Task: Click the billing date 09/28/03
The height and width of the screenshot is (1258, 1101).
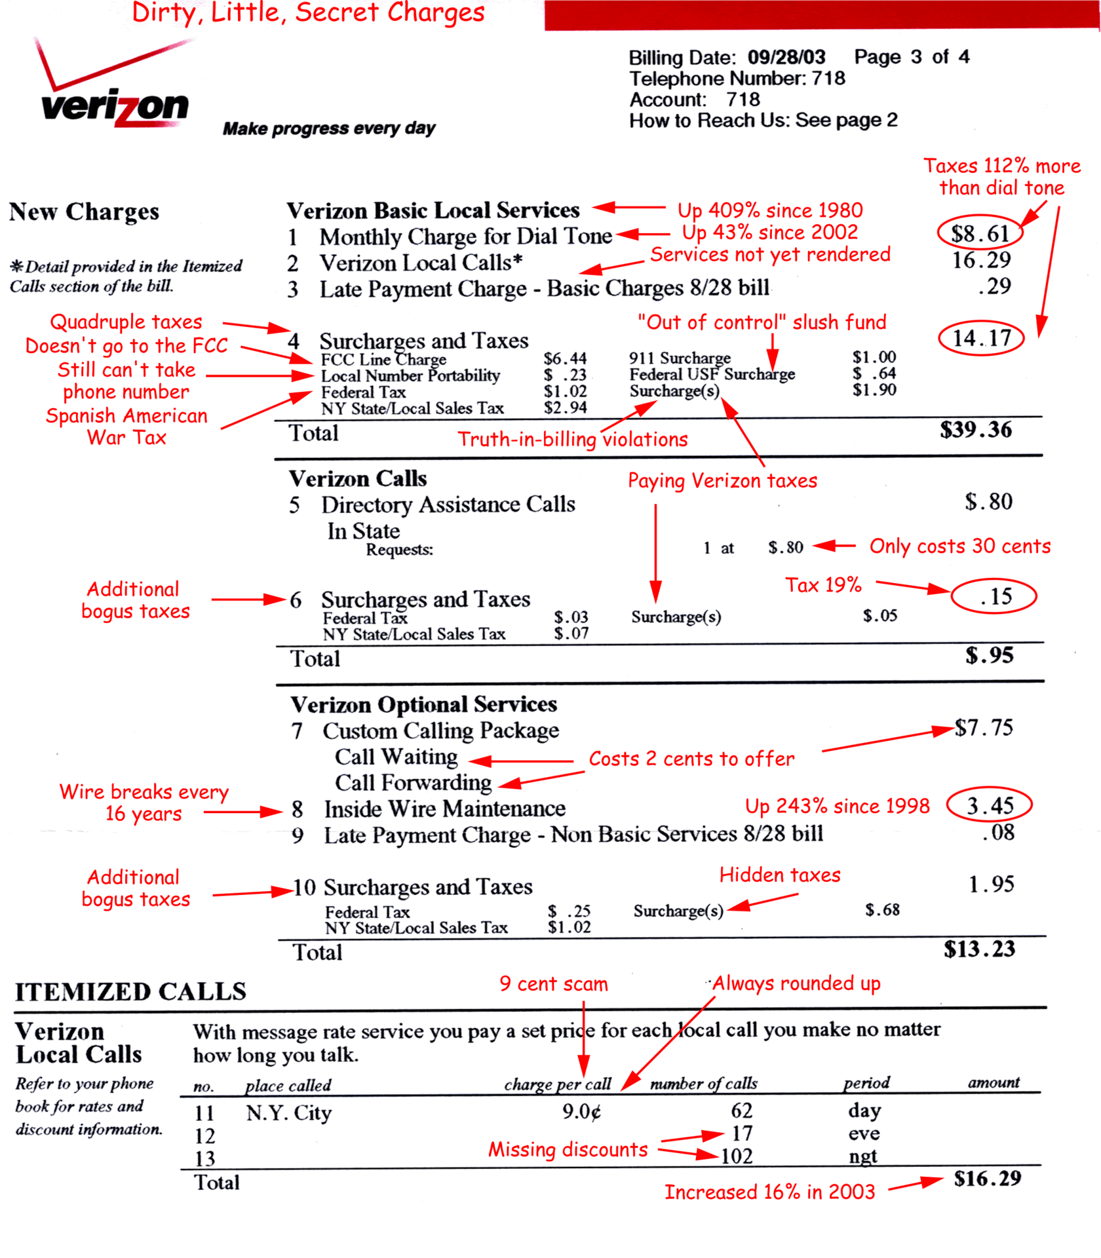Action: tap(786, 57)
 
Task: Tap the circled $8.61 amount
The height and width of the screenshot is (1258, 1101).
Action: tap(979, 234)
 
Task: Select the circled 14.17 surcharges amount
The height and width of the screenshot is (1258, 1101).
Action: tap(980, 338)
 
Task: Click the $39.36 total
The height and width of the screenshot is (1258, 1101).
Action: tap(975, 430)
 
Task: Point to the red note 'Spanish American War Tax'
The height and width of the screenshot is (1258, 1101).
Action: tap(126, 427)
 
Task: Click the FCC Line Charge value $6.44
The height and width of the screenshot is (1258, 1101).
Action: tap(564, 358)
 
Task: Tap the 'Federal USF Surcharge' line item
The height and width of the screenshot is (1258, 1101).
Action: tap(712, 374)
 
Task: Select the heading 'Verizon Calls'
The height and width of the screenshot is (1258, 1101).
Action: tap(358, 479)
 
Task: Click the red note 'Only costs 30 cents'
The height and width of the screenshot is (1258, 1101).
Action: tap(959, 546)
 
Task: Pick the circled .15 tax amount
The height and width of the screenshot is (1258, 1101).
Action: tap(994, 596)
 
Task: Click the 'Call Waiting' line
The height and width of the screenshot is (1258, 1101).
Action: tap(396, 757)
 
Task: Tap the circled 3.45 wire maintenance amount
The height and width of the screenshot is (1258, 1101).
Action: tap(989, 805)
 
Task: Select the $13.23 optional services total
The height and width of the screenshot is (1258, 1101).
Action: tap(979, 949)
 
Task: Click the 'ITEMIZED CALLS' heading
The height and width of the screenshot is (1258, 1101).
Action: tap(130, 992)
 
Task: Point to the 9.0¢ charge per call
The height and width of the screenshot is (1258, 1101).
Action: tap(581, 1112)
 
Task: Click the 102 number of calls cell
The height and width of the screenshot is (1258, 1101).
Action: tap(737, 1156)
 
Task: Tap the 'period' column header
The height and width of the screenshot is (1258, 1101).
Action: tap(866, 1082)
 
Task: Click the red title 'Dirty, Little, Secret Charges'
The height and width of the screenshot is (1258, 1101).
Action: tap(308, 13)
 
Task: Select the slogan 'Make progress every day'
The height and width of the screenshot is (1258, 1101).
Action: tap(329, 128)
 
